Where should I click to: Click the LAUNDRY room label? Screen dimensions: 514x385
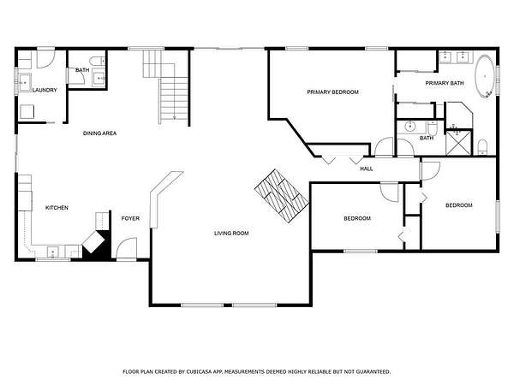[x=45, y=90]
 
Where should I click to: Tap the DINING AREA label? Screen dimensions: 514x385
[x=99, y=133]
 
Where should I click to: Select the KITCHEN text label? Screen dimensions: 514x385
[x=57, y=208]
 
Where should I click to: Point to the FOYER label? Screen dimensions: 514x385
[x=130, y=218]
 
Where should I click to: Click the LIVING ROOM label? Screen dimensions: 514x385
[x=231, y=233]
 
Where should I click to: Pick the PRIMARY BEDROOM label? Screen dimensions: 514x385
[x=332, y=92]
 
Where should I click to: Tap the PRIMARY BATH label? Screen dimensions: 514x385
[x=445, y=83]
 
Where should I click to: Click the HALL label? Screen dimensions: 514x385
[x=367, y=169]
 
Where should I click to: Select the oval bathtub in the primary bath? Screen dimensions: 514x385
[x=485, y=77]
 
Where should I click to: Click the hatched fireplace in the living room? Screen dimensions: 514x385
[x=282, y=196]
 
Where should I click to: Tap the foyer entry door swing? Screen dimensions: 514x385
[x=127, y=248]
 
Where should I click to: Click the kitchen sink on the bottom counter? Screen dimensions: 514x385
[x=53, y=252]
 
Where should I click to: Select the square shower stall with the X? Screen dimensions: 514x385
[x=459, y=143]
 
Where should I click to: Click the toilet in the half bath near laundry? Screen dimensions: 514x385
[x=98, y=61]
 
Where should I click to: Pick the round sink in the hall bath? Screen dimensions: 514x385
[x=409, y=127]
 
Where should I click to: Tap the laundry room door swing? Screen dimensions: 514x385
[x=46, y=59]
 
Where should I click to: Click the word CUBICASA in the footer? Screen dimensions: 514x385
[x=200, y=371]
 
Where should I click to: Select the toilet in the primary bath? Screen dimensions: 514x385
[x=482, y=147]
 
